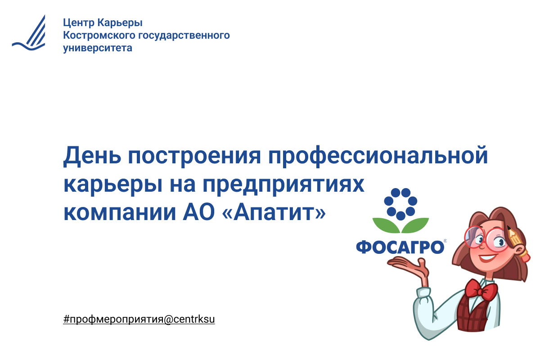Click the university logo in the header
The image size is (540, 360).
[x=29, y=33]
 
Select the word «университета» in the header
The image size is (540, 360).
[x=98, y=48]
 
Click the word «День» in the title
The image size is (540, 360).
[x=92, y=156]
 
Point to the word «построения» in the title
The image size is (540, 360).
[x=194, y=157]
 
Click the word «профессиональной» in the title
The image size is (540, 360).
[x=378, y=156]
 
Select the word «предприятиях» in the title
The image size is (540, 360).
[x=283, y=185]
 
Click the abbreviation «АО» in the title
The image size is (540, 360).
[x=198, y=212]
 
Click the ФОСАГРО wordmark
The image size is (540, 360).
[x=400, y=247]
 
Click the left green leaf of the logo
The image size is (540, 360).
[x=387, y=225]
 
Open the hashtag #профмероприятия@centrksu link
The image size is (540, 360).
[x=139, y=319]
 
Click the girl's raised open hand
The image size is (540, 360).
[x=410, y=265]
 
